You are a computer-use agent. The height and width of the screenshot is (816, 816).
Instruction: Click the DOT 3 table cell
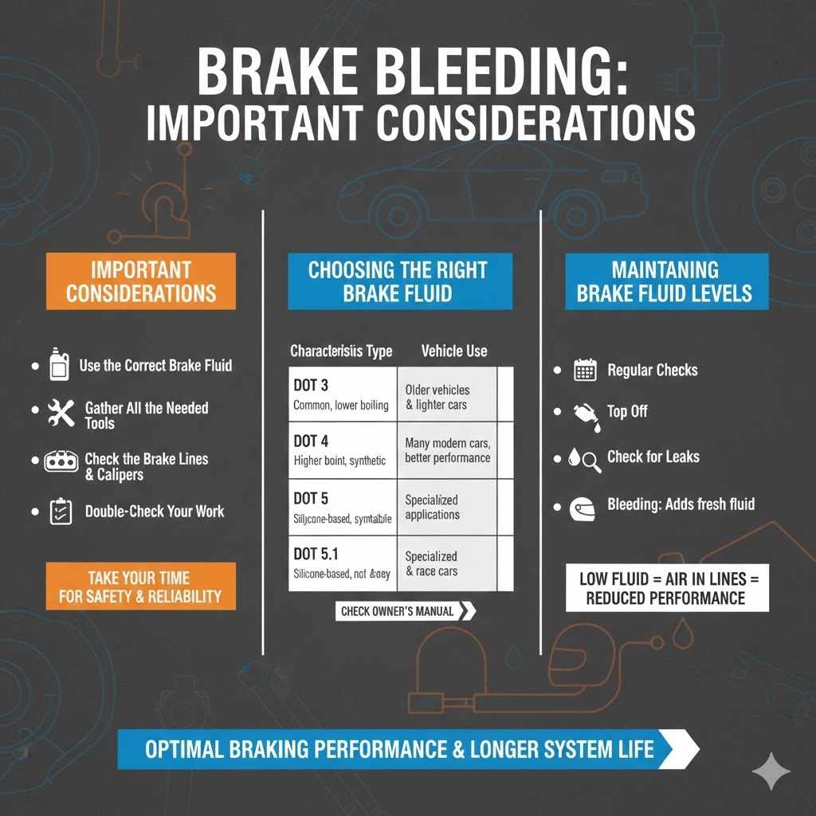tap(342, 394)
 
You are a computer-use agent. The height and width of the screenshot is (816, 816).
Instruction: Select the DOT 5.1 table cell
tap(342, 563)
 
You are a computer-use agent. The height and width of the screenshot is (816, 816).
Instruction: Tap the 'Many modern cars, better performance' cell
tap(447, 450)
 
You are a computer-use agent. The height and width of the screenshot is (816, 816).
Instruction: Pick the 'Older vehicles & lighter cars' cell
tap(447, 396)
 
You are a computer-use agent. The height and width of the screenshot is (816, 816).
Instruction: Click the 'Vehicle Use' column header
tap(454, 351)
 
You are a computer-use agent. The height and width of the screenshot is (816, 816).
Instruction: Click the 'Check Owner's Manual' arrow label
tap(405, 611)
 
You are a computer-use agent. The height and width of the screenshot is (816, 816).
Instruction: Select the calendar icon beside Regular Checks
tap(585, 370)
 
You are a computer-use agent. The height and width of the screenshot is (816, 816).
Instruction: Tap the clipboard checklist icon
tap(61, 511)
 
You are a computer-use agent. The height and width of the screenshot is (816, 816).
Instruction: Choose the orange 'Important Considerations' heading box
tap(141, 280)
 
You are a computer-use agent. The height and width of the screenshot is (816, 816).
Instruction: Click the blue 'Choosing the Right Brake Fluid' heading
tap(399, 280)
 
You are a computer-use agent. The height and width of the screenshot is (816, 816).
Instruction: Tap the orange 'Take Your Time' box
tap(140, 586)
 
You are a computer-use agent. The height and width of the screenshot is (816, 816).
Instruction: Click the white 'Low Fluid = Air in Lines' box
tap(666, 588)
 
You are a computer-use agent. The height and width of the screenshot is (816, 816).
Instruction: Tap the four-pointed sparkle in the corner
tap(772, 771)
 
